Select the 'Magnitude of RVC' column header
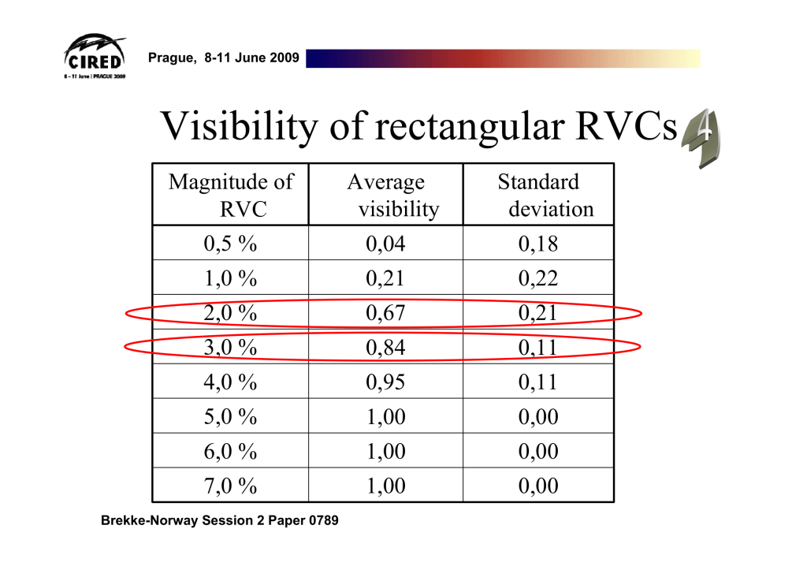230,196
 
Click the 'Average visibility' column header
386,196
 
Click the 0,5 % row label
230,244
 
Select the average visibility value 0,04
386,244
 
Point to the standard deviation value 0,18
538,244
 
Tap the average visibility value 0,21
386,279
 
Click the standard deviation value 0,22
538,279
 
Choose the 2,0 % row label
230,313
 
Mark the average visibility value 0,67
386,313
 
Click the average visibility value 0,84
386,348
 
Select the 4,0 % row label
230,382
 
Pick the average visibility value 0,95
386,382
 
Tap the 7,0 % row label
230,486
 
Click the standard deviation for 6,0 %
538,451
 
